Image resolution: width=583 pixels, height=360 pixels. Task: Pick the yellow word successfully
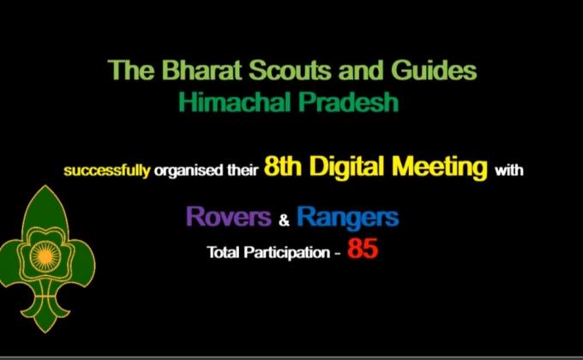coord(106,171)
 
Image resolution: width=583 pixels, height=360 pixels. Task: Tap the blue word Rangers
coord(347,218)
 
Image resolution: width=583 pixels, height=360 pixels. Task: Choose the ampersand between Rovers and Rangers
coord(285,220)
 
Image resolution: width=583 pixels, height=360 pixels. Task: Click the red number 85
coord(363,253)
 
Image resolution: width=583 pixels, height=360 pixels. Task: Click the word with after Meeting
coord(508,170)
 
